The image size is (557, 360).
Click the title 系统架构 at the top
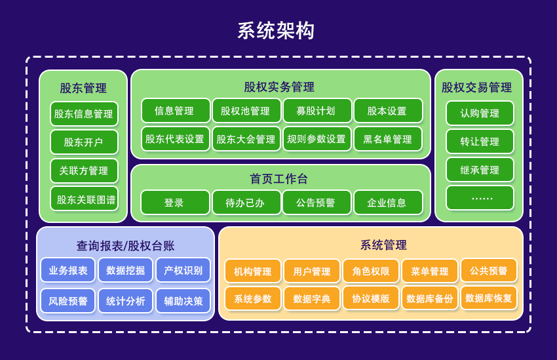click(x=276, y=31)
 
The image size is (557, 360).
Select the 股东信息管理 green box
click(x=84, y=113)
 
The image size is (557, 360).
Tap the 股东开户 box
click(x=84, y=142)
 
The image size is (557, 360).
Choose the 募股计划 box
click(x=317, y=111)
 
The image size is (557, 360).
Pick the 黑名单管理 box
click(x=388, y=139)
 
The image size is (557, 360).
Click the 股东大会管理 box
click(x=246, y=139)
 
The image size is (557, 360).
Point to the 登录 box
click(x=174, y=203)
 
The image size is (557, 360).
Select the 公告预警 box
click(x=317, y=203)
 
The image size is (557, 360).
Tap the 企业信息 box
click(x=388, y=203)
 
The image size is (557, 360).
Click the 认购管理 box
click(x=480, y=113)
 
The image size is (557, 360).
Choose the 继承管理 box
click(x=480, y=170)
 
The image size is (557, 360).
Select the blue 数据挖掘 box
click(x=125, y=270)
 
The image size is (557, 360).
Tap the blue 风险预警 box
click(x=67, y=301)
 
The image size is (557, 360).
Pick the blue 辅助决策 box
click(x=183, y=301)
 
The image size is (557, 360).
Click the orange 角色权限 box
click(x=370, y=271)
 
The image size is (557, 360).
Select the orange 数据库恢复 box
click(x=488, y=298)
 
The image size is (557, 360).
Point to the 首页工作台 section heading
click(x=279, y=178)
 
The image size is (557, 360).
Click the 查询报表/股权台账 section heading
click(x=125, y=245)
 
